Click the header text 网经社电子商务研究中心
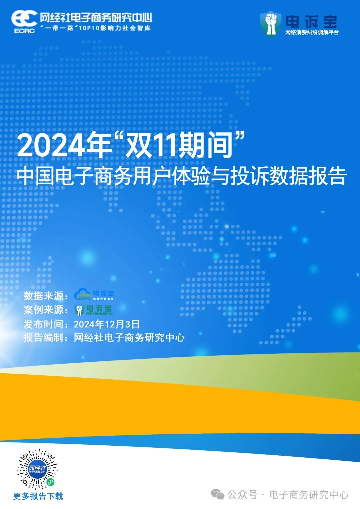[x=96, y=17]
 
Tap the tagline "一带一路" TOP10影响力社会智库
[x=96, y=28]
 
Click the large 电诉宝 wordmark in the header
[x=311, y=21]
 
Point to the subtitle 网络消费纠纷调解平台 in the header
[x=312, y=32]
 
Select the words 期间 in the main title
[x=205, y=145]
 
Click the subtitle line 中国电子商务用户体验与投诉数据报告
[x=182, y=176]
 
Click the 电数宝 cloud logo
[x=94, y=294]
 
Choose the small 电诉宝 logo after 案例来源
[x=94, y=310]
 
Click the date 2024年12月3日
[x=107, y=324]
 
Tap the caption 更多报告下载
[x=38, y=496]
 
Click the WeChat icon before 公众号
[x=218, y=494]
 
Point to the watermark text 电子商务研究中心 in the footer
[x=309, y=495]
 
